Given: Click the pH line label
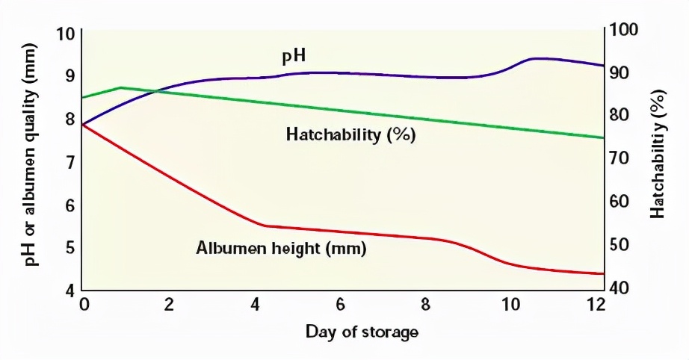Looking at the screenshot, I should tap(294, 56).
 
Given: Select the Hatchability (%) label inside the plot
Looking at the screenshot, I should tap(350, 135).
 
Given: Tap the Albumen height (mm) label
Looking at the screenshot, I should tap(281, 249).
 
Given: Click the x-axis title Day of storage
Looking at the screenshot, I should tap(362, 331).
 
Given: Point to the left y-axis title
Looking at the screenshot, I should tap(31, 161).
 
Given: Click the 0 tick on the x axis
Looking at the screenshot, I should tap(84, 304).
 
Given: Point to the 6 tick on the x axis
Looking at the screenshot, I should tap(340, 304).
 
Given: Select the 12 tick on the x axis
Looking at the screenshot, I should tap(596, 304).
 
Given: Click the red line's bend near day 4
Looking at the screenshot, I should tap(265, 225).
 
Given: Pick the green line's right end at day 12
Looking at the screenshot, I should tap(602, 137).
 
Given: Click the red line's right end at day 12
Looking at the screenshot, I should tap(602, 274).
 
